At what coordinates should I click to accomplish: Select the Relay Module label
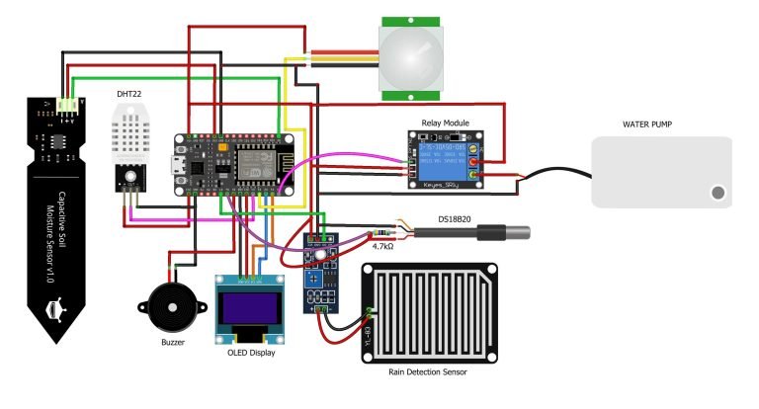[x=445, y=123]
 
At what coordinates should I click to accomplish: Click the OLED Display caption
[x=248, y=352]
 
